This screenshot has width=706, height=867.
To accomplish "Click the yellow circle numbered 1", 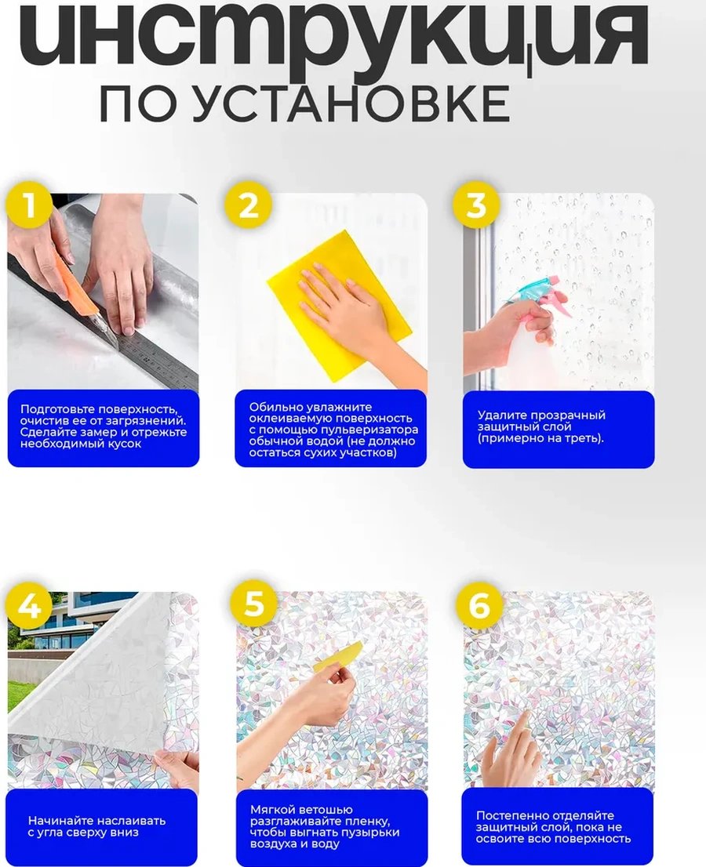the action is click(x=29, y=205).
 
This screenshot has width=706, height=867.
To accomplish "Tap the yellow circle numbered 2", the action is click(x=248, y=205).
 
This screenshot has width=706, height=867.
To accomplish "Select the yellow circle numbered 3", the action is click(x=476, y=205).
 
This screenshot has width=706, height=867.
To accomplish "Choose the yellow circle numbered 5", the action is click(x=254, y=604).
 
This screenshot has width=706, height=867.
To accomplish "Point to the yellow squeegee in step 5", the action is click(x=338, y=656).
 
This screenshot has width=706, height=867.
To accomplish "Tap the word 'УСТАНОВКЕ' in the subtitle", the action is click(x=352, y=103).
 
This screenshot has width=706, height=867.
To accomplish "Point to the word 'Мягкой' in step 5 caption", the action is click(x=271, y=810).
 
